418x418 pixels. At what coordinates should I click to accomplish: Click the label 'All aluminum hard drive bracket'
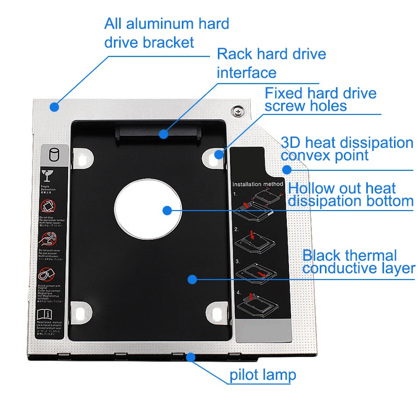[x=167, y=32]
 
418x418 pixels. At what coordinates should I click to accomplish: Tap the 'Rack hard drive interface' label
[x=271, y=63]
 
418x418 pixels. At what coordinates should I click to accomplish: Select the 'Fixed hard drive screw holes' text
[x=320, y=99]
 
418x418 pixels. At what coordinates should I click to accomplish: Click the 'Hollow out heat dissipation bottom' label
[x=351, y=194]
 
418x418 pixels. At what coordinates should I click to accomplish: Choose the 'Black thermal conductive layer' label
[x=358, y=262]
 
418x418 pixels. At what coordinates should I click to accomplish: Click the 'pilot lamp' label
[x=263, y=375]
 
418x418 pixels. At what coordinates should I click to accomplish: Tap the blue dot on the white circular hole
[x=167, y=211]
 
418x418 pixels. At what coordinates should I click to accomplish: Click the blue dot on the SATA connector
[x=164, y=134]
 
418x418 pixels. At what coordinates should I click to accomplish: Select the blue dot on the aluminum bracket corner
[x=54, y=107]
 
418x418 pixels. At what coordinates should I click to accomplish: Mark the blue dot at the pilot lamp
[x=191, y=358]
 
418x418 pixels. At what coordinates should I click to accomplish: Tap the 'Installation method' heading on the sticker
[x=258, y=184]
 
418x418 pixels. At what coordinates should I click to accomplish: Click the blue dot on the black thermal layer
[x=192, y=279]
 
